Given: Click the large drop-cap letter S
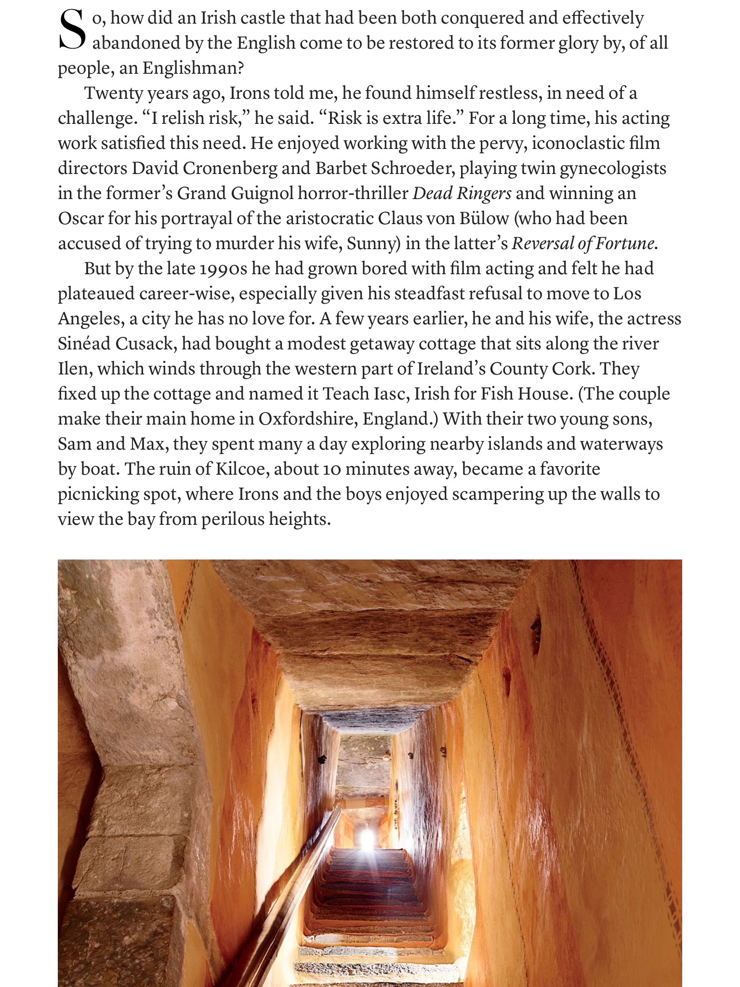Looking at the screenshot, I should click(73, 31).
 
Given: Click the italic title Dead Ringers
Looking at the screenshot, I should click(462, 193).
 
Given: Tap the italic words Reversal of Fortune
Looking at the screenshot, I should click(583, 243).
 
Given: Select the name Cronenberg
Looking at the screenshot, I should click(230, 168).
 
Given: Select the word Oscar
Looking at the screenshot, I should click(80, 218).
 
